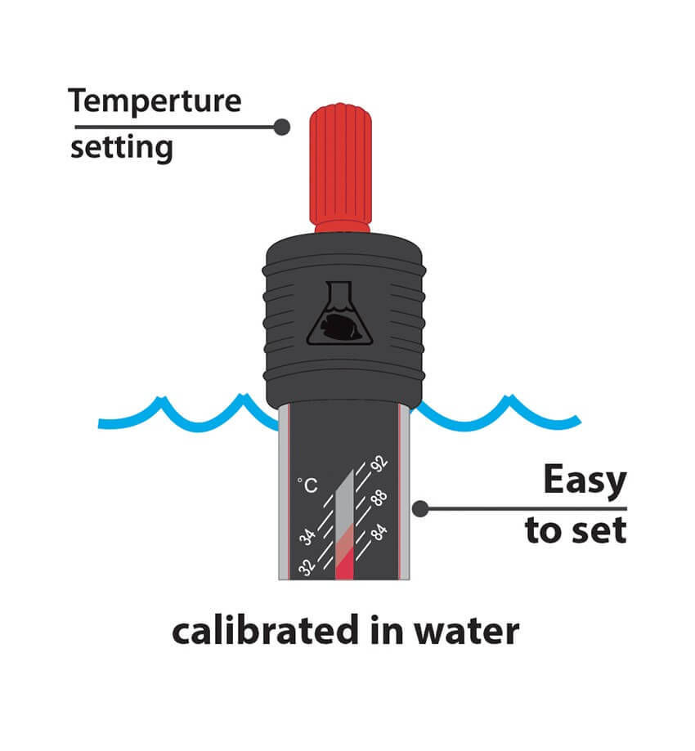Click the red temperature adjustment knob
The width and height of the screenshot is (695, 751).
coord(340,159)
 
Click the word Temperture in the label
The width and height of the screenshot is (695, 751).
coord(155,101)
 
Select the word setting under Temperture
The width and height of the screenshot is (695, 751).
coord(122,149)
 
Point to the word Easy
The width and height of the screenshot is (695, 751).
coord(585,482)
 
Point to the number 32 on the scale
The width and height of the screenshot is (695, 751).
coord(307,566)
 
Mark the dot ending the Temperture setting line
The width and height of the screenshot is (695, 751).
coord(282,127)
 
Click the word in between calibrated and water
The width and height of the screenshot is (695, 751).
coord(397,632)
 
